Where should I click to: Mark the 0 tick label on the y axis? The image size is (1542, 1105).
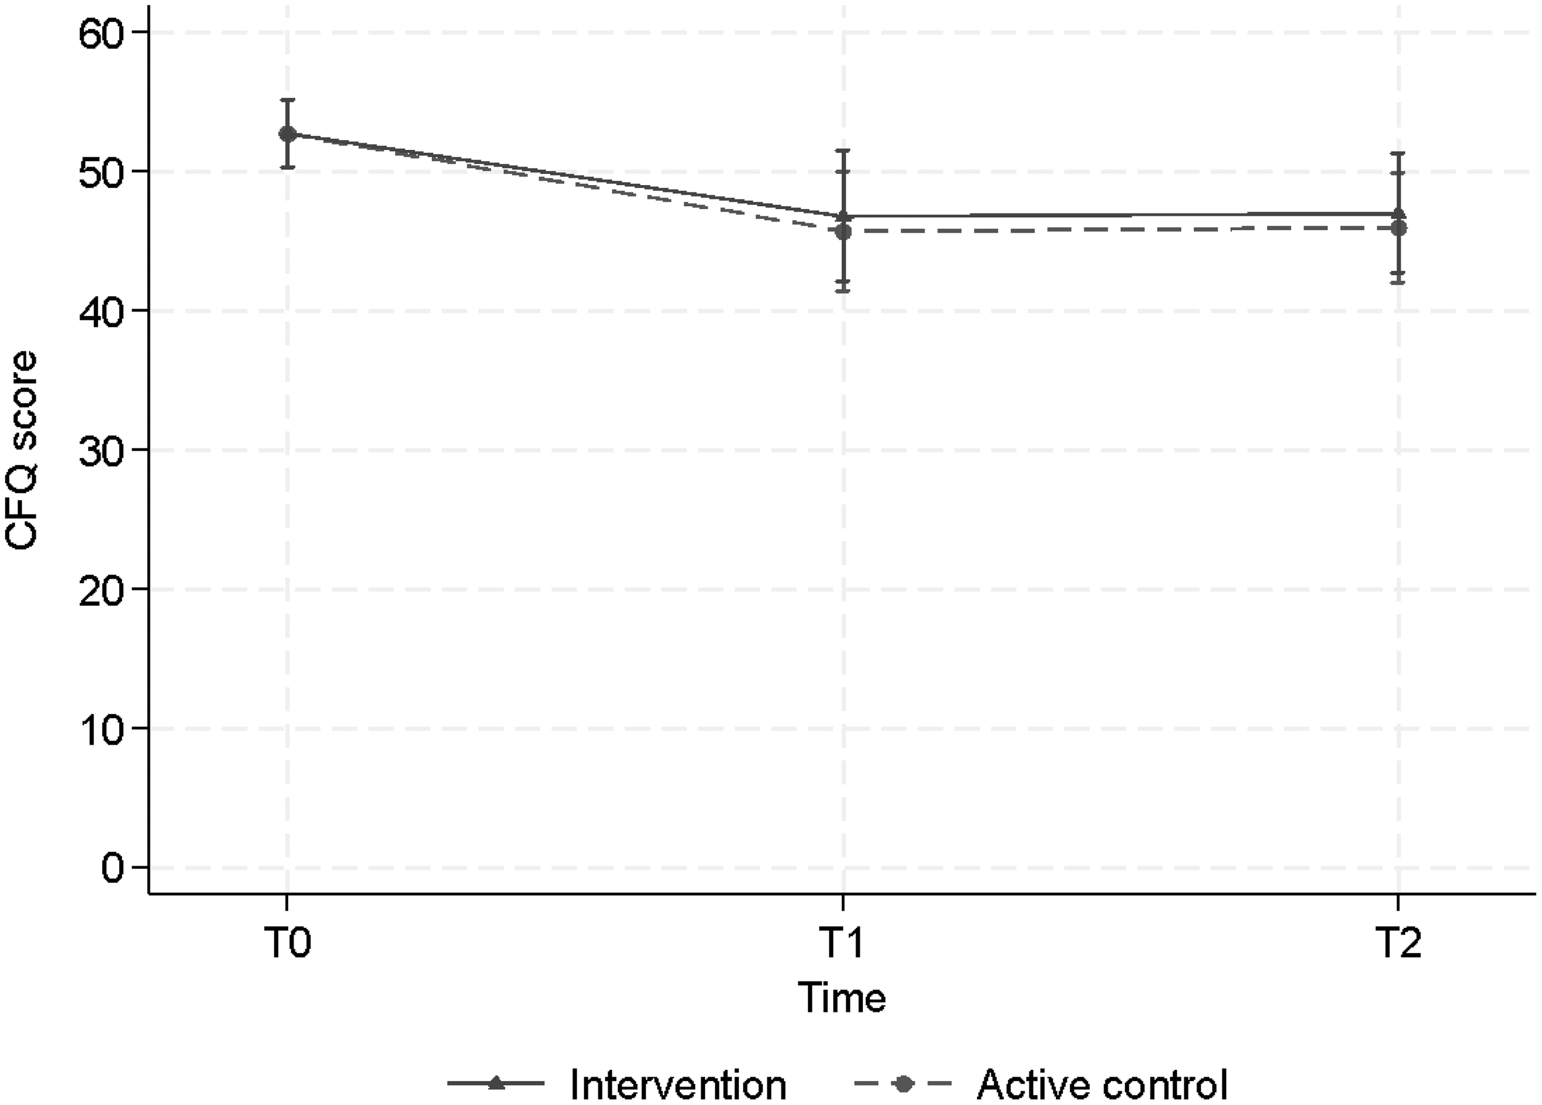tap(114, 868)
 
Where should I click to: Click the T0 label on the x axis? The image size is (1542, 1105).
tap(287, 944)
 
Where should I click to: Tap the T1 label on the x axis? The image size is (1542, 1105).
tap(843, 944)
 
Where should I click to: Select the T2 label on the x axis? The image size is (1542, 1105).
tap(1398, 944)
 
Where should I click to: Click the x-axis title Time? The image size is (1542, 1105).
tap(843, 998)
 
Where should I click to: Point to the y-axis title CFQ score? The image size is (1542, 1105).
tap(22, 450)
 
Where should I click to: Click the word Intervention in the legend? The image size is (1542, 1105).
tap(678, 1084)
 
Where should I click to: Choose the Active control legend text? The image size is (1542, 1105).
tap(1102, 1084)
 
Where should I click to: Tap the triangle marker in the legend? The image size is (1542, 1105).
tap(497, 1084)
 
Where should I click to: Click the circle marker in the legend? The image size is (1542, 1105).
tap(903, 1084)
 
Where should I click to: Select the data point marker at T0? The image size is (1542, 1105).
tap(287, 134)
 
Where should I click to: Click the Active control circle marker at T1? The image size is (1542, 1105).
tap(843, 232)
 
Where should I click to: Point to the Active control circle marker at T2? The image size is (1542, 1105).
tap(1398, 228)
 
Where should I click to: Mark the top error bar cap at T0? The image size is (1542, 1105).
tap(287, 99)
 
